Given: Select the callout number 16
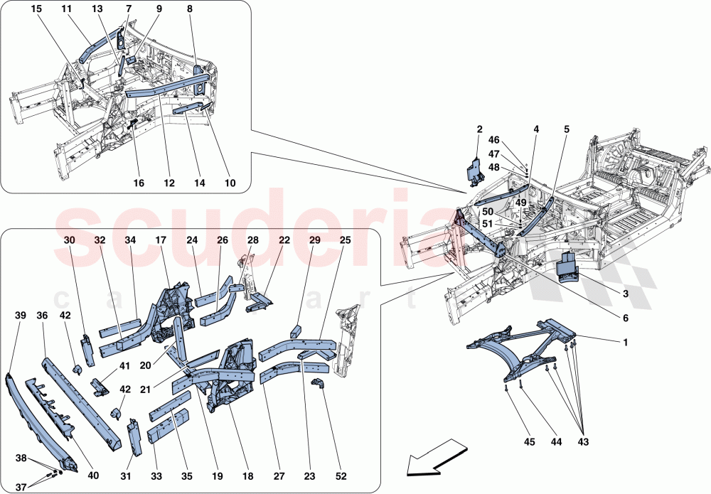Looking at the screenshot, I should coord(139,183).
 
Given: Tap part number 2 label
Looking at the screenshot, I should coord(479,129).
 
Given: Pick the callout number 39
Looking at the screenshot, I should coord(18,315).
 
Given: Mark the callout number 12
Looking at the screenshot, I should coord(169,183).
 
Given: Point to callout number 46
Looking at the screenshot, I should coord(493,141).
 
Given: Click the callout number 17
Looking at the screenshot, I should coord(161,240).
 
